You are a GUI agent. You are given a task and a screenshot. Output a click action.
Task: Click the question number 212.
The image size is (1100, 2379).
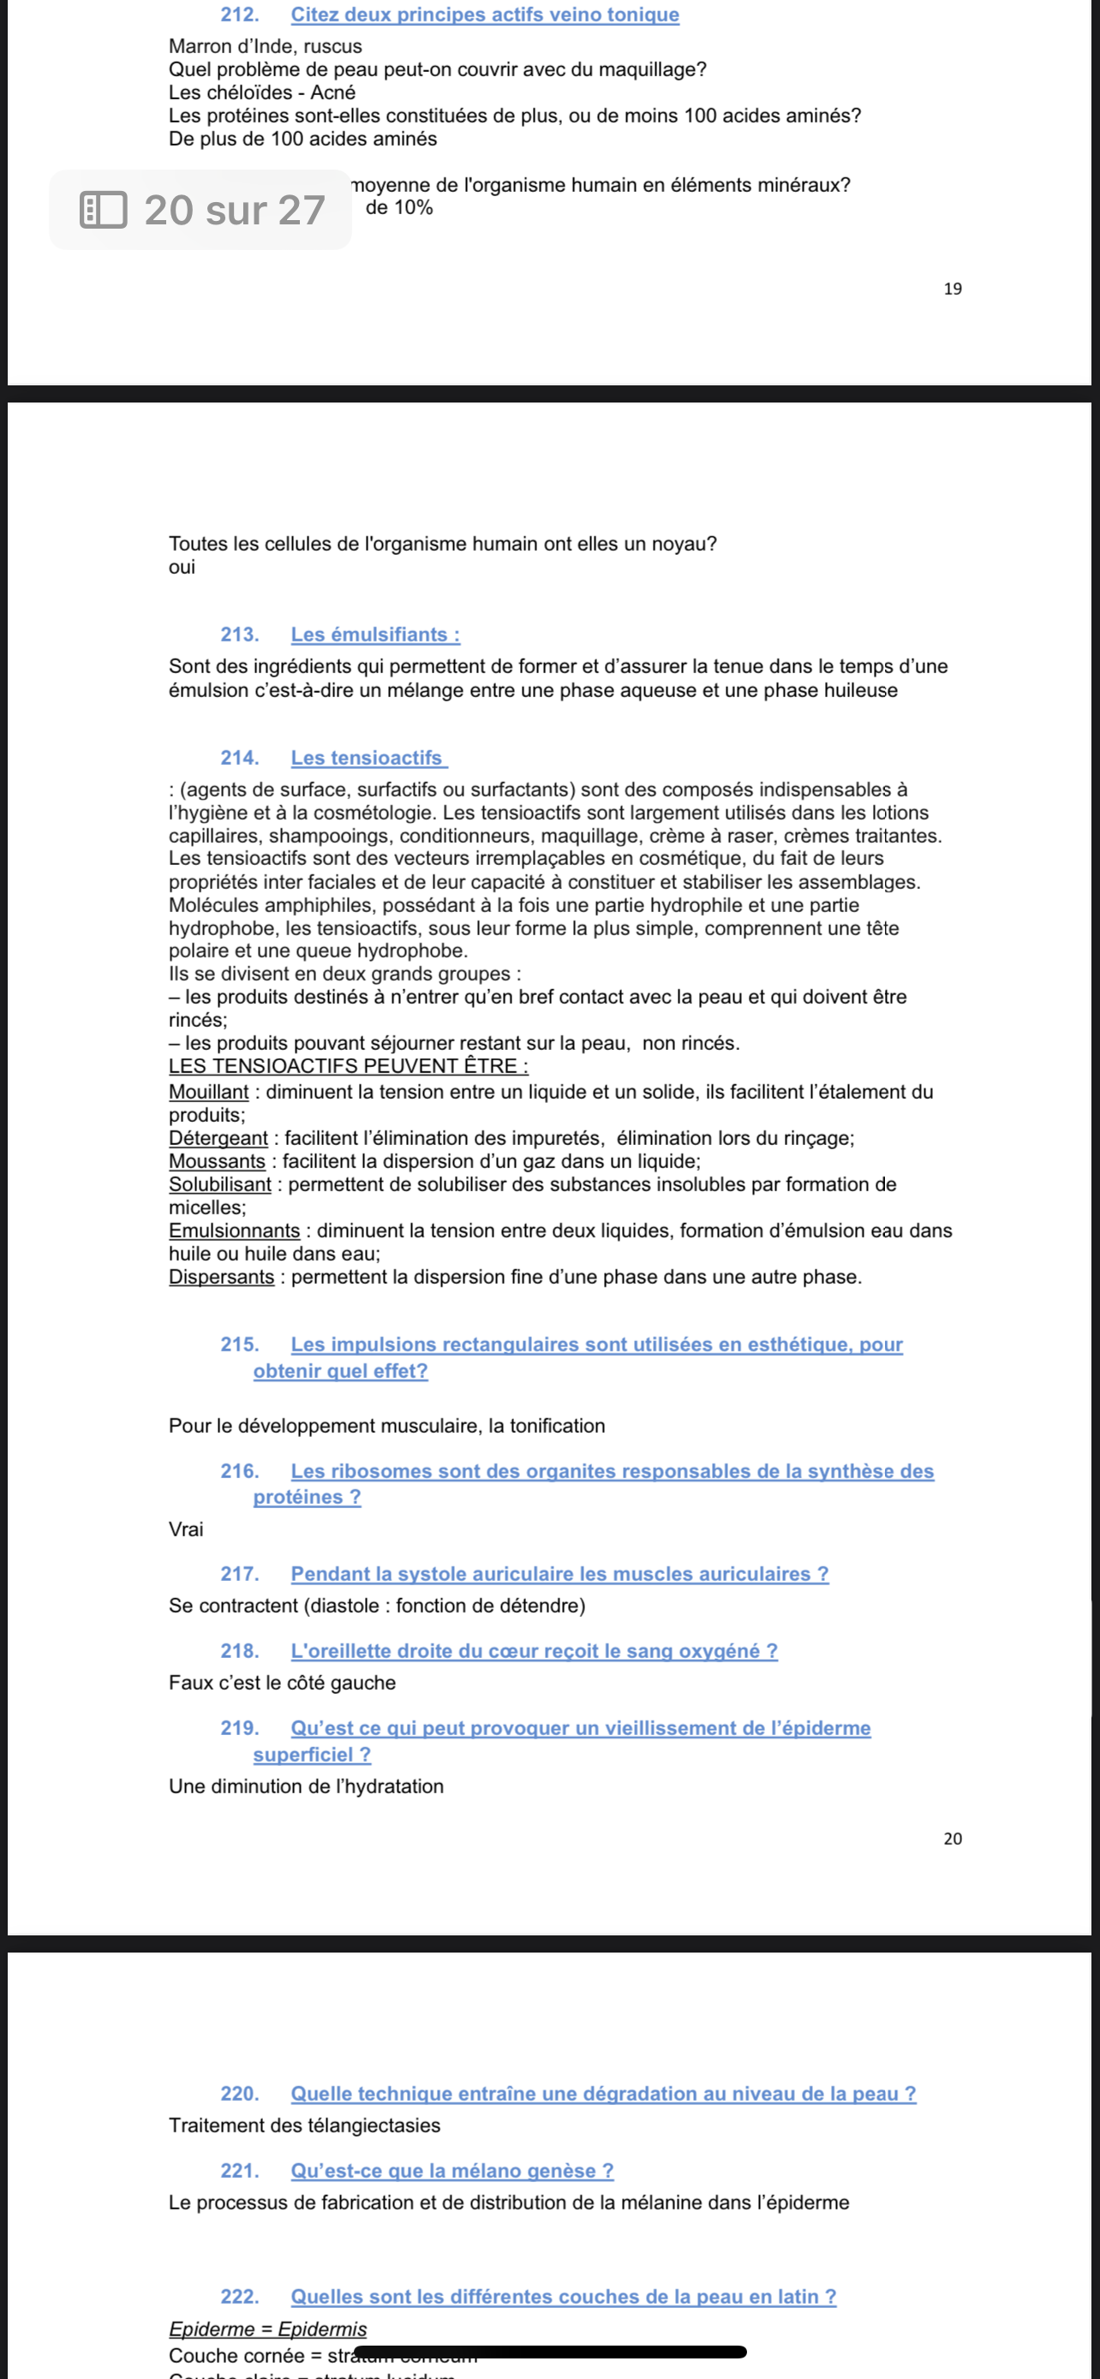238,15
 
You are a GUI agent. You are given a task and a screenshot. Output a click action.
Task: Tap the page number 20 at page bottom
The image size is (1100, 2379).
953,1839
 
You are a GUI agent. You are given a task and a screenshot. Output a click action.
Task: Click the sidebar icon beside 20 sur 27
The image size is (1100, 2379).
104,210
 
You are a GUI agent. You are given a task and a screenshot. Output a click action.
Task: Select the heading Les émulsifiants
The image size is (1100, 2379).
375,635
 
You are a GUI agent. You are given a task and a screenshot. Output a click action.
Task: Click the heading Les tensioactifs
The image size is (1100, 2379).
368,757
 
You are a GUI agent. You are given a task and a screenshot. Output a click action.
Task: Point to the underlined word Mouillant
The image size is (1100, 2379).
209,1092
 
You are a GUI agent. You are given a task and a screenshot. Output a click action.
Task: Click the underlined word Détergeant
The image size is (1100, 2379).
218,1138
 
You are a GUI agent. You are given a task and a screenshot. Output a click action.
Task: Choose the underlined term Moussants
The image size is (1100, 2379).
217,1161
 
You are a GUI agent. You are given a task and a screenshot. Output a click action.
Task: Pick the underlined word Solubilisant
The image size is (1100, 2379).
220,1184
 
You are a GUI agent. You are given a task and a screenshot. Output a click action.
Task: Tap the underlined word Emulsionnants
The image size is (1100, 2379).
235,1230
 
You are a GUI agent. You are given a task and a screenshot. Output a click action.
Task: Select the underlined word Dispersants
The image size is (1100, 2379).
222,1276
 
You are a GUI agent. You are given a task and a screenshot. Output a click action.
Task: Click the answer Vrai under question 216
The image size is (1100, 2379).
186,1529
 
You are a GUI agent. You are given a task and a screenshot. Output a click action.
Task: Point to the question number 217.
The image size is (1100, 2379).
238,1574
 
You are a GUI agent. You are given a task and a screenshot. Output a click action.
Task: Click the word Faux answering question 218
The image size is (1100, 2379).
189,1683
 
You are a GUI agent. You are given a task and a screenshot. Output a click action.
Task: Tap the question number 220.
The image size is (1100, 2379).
238,2094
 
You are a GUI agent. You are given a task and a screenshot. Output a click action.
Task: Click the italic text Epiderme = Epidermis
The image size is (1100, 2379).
268,2329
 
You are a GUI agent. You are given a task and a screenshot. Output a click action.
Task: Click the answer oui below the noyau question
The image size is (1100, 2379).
182,567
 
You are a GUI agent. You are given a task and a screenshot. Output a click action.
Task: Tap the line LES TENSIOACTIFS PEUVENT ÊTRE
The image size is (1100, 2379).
348,1065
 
